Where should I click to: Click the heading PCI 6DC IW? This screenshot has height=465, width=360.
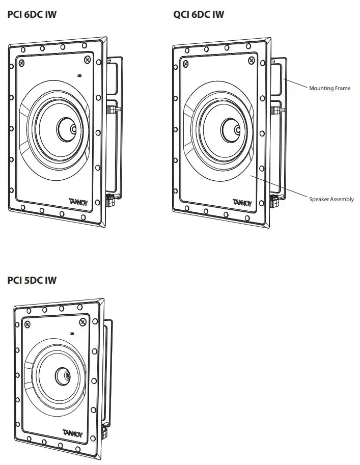click(32, 14)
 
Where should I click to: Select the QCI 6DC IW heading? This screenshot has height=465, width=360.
click(198, 14)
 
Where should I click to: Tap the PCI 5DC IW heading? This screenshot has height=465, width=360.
click(32, 280)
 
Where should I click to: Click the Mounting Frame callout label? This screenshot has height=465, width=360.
click(329, 88)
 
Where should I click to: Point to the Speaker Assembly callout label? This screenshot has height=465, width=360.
click(331, 199)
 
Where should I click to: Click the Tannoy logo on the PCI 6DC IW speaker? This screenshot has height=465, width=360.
click(78, 202)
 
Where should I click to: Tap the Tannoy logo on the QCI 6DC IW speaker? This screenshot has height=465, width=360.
click(242, 202)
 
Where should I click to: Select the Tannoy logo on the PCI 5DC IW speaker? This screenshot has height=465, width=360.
click(72, 434)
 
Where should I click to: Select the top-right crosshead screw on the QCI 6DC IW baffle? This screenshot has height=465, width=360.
click(251, 60)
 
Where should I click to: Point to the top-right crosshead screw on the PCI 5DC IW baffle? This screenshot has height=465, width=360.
click(82, 322)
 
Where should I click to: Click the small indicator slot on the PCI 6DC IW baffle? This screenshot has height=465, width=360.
click(79, 76)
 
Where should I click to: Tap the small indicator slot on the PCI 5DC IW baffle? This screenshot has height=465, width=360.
click(72, 334)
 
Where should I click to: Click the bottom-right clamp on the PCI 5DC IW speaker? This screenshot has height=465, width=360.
click(106, 432)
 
